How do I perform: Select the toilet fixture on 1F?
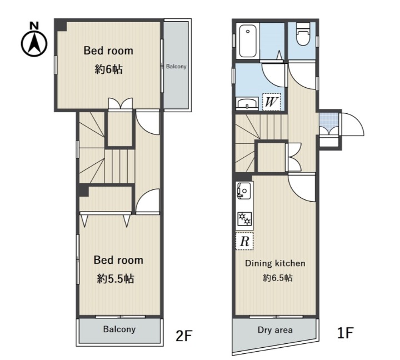click(x=303, y=34)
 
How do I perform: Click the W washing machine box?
click(x=272, y=102)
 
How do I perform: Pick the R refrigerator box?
click(x=244, y=241)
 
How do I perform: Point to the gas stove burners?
click(x=245, y=219)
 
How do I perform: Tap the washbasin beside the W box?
click(x=247, y=103)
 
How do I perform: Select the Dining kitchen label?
click(x=275, y=263)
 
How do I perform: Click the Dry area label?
click(x=275, y=330)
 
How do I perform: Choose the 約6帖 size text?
click(x=109, y=69)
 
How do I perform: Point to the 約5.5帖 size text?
click(x=116, y=278)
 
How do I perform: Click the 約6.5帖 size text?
click(x=278, y=278)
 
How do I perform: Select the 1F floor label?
click(x=345, y=333)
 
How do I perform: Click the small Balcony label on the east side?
click(x=176, y=66)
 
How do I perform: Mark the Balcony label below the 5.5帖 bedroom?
click(x=119, y=329)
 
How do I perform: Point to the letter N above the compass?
click(x=34, y=26)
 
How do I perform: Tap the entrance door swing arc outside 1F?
click(x=357, y=120)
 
